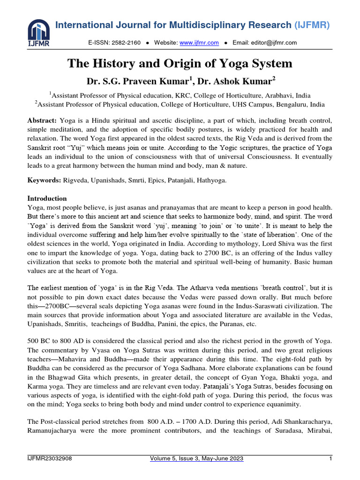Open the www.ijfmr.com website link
(x=199, y=43)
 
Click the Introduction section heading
(x=47, y=198)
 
